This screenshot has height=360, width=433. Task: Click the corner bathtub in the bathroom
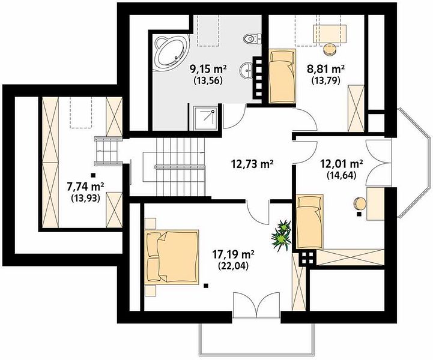(x=171, y=52)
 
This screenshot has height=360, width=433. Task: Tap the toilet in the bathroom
(x=252, y=38)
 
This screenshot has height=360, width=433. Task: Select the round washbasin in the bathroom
(x=246, y=70)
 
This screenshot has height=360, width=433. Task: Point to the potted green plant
(x=282, y=235)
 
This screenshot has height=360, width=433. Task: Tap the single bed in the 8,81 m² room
(x=282, y=76)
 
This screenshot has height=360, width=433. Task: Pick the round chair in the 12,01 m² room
(x=360, y=203)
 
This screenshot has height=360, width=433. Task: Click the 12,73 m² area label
(x=252, y=164)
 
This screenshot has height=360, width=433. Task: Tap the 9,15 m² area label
(x=208, y=68)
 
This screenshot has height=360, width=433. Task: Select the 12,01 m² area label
(x=341, y=164)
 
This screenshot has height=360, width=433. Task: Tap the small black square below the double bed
(x=205, y=286)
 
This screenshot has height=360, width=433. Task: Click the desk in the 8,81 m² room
(x=330, y=34)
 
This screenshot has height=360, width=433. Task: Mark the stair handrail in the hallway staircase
(x=180, y=166)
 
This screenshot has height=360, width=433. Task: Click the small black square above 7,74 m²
(x=93, y=175)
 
